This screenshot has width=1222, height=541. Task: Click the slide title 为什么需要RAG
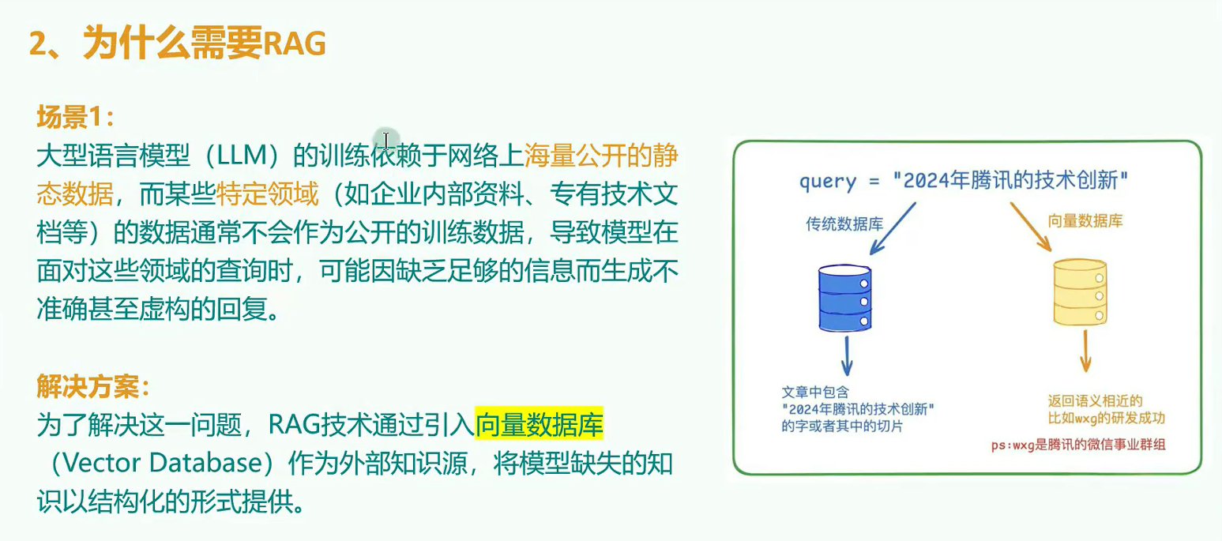coord(204,43)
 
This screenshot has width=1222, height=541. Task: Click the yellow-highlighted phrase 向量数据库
coord(539,424)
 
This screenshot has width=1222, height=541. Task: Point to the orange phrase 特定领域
coord(267,193)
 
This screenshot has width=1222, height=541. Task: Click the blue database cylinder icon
coord(844,298)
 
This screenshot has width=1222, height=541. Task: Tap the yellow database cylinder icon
coord(1080,292)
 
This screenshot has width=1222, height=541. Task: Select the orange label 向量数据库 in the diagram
coord(1085,221)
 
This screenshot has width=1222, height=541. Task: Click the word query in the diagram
coord(828,182)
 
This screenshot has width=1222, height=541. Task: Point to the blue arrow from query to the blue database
coord(893,228)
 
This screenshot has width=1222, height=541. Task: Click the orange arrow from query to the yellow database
coord(1031,227)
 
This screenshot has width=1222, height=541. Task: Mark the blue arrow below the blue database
coord(848,355)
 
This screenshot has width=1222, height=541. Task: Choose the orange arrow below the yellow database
coord(1085,351)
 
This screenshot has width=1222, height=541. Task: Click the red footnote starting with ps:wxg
coord(1078,445)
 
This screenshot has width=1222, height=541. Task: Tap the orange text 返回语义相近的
coord(1095,401)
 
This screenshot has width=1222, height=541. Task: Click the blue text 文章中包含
coord(815,392)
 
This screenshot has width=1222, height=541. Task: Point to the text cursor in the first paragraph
coord(385,140)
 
